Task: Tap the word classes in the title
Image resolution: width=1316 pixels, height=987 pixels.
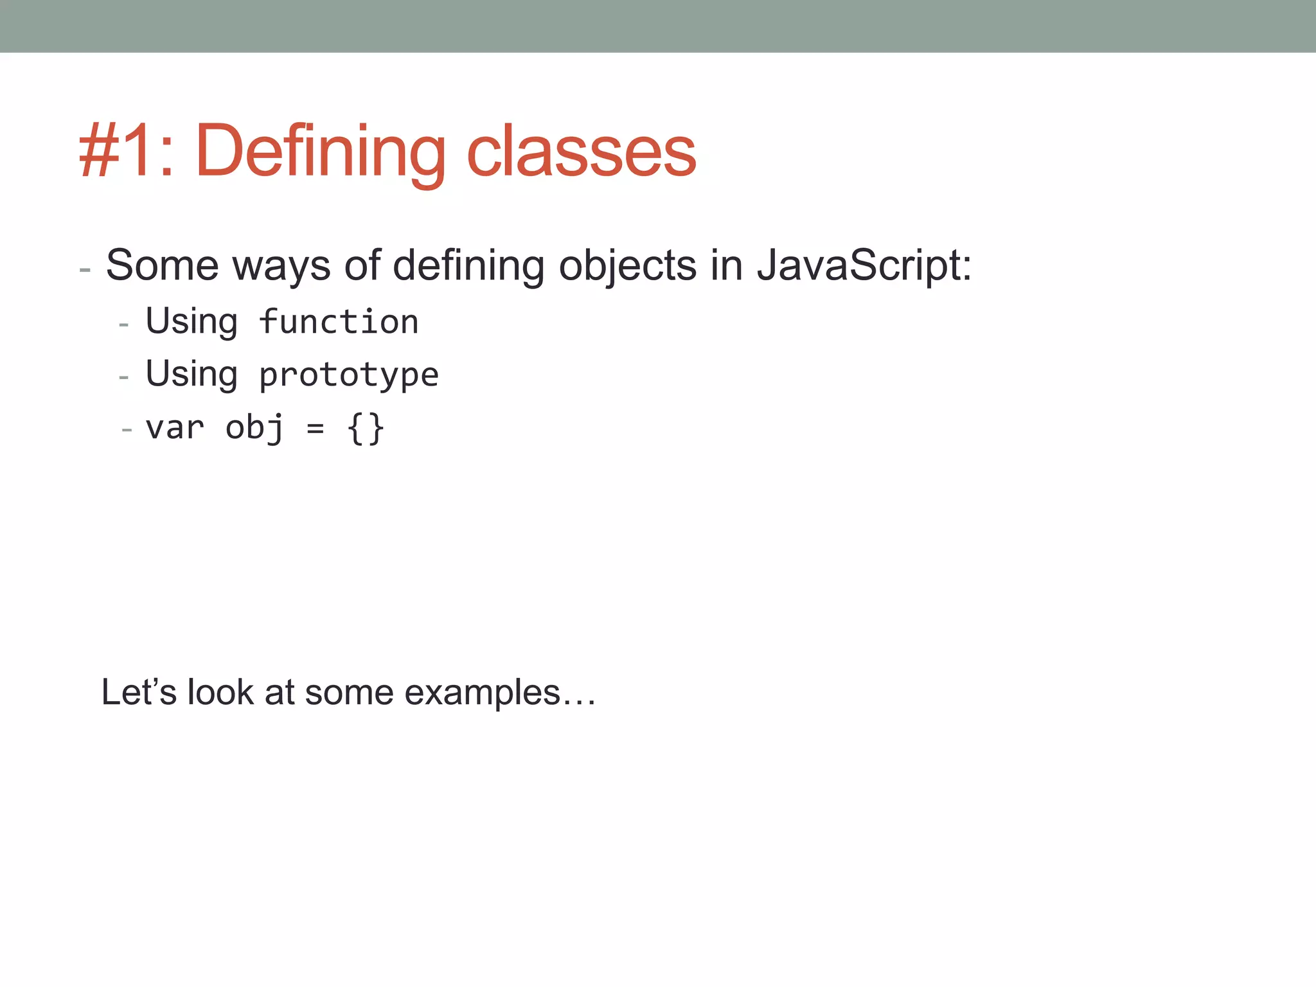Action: point(581,152)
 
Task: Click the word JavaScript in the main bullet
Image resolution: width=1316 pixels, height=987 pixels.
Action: point(864,265)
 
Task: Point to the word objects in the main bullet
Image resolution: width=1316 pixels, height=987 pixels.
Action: point(627,266)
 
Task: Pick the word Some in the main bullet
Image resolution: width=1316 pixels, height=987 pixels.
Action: point(162,265)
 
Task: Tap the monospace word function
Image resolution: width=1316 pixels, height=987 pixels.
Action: point(339,321)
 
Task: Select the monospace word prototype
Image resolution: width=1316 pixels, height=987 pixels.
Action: point(348,375)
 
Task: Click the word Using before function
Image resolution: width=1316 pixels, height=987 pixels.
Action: point(191,321)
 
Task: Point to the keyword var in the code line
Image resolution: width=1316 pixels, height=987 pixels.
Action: point(175,427)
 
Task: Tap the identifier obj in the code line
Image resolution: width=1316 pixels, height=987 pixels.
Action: point(254,427)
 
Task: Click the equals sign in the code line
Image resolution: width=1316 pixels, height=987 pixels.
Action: point(315,429)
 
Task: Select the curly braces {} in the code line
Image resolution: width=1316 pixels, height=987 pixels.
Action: point(365,429)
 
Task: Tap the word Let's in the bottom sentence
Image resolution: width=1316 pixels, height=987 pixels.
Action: point(138,692)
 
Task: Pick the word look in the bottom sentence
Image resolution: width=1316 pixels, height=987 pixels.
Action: point(220,692)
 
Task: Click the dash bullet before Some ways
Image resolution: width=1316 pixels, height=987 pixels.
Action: point(85,269)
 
